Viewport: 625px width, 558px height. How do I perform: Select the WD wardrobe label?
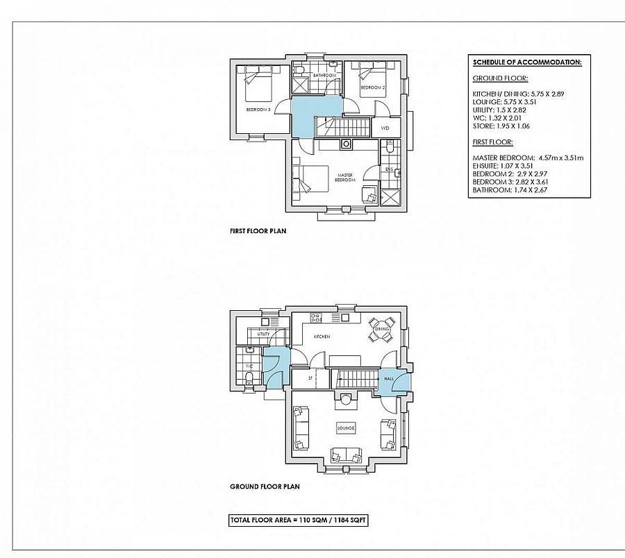(x=385, y=128)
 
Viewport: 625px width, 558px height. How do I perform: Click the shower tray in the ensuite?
(x=390, y=196)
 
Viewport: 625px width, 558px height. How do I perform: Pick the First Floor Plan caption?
(x=258, y=230)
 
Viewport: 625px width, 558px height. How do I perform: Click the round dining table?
(x=383, y=329)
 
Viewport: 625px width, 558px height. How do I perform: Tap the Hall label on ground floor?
(x=389, y=379)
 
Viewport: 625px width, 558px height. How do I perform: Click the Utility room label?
(x=263, y=334)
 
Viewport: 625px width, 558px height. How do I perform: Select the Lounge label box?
(x=346, y=428)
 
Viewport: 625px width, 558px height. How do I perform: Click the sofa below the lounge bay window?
(x=345, y=455)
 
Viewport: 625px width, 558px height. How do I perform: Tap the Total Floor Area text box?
(x=299, y=518)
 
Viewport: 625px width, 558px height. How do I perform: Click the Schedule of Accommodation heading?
(x=527, y=62)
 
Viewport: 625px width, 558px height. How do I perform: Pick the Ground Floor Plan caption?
(x=265, y=487)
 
